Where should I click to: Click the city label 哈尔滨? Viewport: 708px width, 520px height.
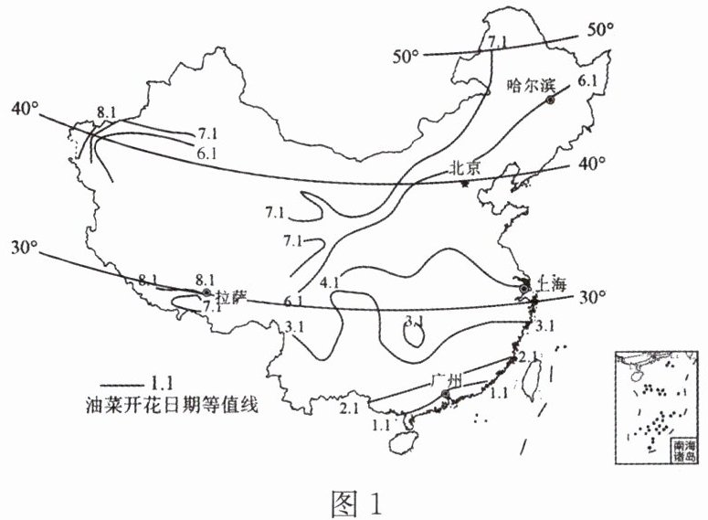[530, 85]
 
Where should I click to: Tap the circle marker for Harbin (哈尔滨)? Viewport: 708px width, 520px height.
[551, 101]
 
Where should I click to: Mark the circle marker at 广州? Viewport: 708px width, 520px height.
[445, 394]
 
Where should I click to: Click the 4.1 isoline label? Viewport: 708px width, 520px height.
[330, 282]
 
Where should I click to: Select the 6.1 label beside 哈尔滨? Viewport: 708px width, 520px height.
[586, 81]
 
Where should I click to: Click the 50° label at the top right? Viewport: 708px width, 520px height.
[600, 30]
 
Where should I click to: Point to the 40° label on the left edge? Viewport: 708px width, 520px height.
[26, 108]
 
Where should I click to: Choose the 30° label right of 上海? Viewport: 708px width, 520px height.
[591, 297]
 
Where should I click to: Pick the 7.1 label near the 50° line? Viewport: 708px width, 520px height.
[497, 42]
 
